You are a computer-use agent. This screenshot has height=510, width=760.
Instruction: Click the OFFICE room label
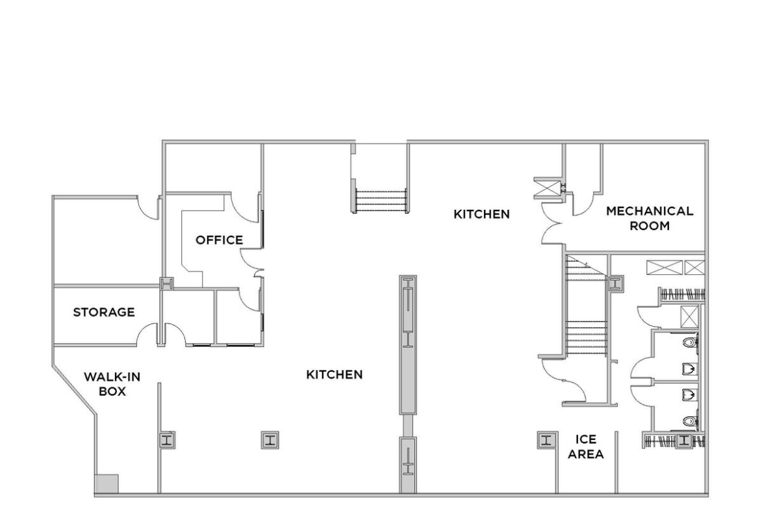pyautogui.click(x=219, y=240)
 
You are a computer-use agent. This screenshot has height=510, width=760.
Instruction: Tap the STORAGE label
pyautogui.click(x=104, y=312)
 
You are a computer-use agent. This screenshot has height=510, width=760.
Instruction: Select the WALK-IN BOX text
pyautogui.click(x=112, y=384)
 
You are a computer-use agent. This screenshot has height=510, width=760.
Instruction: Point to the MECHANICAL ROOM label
pyautogui.click(x=650, y=218)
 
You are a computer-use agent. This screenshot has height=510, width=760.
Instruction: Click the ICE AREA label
pyautogui.click(x=585, y=447)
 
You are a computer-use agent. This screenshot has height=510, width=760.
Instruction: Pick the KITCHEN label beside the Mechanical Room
pyautogui.click(x=481, y=214)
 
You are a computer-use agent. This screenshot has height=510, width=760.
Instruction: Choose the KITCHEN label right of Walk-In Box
pyautogui.click(x=335, y=375)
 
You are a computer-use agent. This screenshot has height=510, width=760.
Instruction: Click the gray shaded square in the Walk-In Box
pyautogui.click(x=107, y=483)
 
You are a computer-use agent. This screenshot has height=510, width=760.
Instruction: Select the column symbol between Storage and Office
pyautogui.click(x=167, y=284)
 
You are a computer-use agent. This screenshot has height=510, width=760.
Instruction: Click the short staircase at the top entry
pyautogui.click(x=381, y=201)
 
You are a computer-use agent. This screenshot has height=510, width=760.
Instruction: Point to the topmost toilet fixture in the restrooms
pyautogui.click(x=690, y=342)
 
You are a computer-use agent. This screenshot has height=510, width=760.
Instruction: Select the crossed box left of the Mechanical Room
pyautogui.click(x=548, y=188)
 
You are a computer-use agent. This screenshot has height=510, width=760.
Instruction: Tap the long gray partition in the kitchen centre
pyautogui.click(x=408, y=345)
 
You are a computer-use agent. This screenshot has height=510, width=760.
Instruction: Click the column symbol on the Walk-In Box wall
pyautogui.click(x=167, y=440)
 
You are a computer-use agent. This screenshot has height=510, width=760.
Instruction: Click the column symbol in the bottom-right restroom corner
pyautogui.click(x=684, y=440)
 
